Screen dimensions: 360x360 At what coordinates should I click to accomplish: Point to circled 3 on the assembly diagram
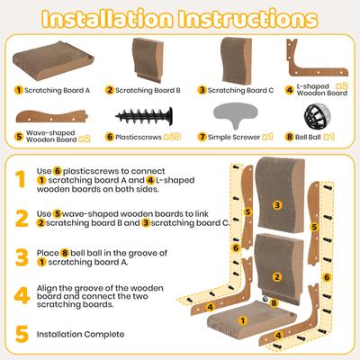[276, 206]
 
